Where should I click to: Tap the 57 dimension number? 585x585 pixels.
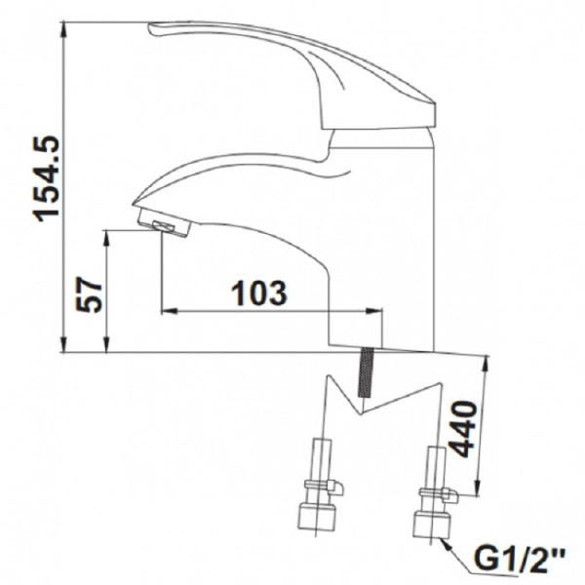pos(89,294)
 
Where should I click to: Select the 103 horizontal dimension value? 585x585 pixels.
pos(259,292)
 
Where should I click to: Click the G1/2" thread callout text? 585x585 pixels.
pos(520,558)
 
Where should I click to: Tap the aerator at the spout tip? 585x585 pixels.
pos(164,224)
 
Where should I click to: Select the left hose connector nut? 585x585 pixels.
pos(317,519)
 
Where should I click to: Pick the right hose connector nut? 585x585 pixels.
pos(432,526)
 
